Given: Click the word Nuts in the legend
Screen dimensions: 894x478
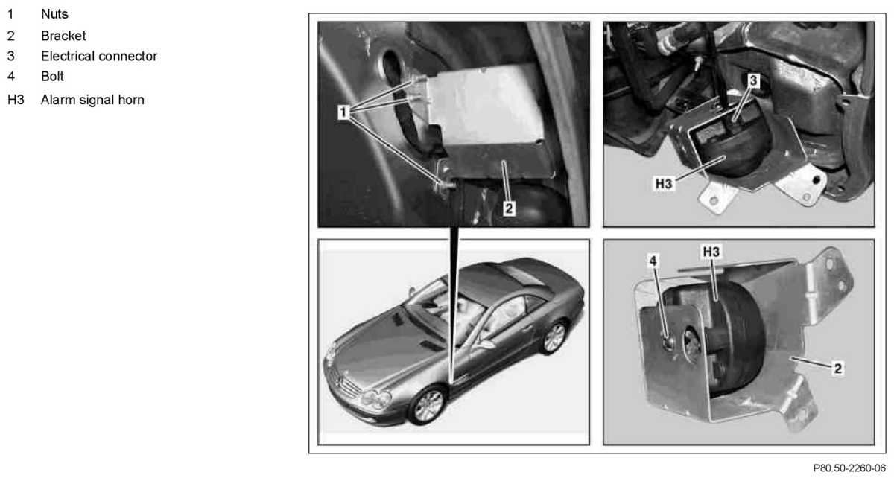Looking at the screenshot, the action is (54, 14).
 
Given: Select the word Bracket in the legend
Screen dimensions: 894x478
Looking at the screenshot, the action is (63, 36).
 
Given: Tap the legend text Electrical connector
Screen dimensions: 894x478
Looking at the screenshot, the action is (99, 57).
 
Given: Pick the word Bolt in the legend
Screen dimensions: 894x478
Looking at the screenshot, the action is (52, 76).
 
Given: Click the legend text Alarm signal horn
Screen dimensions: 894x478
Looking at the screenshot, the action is (92, 100).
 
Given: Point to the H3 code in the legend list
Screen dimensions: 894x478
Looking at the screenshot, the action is (16, 100).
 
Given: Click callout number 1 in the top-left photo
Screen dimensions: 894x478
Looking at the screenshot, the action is (343, 112).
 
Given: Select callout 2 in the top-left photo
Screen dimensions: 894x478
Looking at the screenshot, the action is (508, 208).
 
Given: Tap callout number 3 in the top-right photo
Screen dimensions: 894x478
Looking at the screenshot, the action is (753, 80).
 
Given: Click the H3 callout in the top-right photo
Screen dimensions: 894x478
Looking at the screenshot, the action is (664, 184).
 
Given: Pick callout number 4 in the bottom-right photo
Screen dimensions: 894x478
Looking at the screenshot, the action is (653, 261).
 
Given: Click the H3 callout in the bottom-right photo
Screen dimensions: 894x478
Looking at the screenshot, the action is (711, 252).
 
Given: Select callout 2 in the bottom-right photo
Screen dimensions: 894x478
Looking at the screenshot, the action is (837, 369).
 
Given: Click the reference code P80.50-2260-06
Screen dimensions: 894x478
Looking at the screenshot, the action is (849, 468).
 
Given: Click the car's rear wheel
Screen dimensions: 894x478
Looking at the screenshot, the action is (554, 337).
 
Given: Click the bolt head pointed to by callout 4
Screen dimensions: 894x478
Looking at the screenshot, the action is (668, 342).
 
